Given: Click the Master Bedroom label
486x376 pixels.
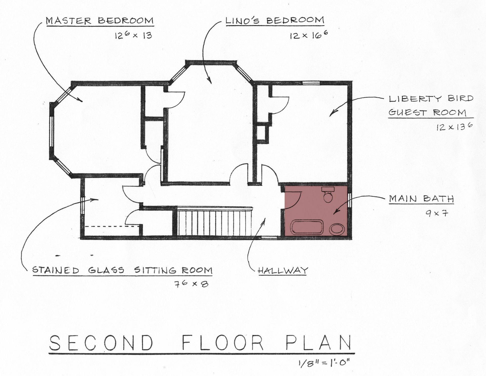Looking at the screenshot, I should pyautogui.click(x=100, y=21).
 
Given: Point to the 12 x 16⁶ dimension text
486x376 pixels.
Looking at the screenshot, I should pyautogui.click(x=309, y=35).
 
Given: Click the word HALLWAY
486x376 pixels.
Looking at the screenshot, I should pyautogui.click(x=282, y=270).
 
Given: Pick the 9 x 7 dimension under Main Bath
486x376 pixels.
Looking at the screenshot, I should pyautogui.click(x=437, y=213).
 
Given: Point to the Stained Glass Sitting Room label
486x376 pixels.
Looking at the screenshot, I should pyautogui.click(x=122, y=270).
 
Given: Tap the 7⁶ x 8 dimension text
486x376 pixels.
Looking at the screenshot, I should pyautogui.click(x=191, y=284).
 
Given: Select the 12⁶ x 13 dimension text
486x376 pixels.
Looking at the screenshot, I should pyautogui.click(x=133, y=35).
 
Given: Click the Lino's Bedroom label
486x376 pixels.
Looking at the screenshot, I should pyautogui.click(x=275, y=21).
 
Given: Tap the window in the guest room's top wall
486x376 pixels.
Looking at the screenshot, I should pyautogui.click(x=311, y=82).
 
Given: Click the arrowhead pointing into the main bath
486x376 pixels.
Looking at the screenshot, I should pyautogui.click(x=335, y=213).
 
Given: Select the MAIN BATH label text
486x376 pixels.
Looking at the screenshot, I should pyautogui.click(x=421, y=199).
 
